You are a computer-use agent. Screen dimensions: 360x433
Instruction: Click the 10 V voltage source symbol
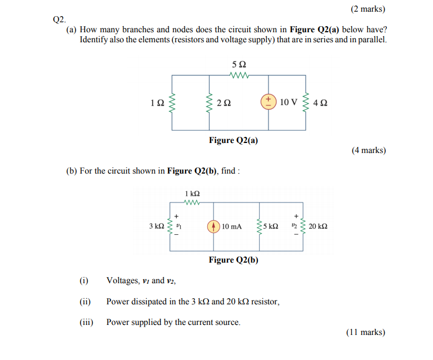268,102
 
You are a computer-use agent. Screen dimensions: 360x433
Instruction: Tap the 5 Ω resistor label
238,65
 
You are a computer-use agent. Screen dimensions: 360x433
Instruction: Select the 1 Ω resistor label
157,103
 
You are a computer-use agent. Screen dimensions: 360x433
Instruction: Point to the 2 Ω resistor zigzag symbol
209,102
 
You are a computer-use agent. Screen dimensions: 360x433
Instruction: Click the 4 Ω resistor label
321,103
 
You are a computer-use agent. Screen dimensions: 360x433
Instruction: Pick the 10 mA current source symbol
213,226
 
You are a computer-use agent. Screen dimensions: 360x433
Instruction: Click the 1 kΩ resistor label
192,194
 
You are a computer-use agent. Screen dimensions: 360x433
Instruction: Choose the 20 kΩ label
318,226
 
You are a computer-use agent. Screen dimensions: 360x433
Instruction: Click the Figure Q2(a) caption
233,140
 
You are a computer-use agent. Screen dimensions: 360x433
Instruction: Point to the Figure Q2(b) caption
233,260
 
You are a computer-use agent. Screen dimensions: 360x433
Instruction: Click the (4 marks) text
369,150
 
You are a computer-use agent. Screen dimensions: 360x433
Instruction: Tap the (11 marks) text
366,332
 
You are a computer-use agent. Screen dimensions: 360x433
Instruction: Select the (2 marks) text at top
368,9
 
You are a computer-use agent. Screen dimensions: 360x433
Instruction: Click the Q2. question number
59,19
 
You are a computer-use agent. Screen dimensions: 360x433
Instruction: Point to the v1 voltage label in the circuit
178,226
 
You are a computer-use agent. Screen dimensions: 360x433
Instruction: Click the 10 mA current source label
231,226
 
